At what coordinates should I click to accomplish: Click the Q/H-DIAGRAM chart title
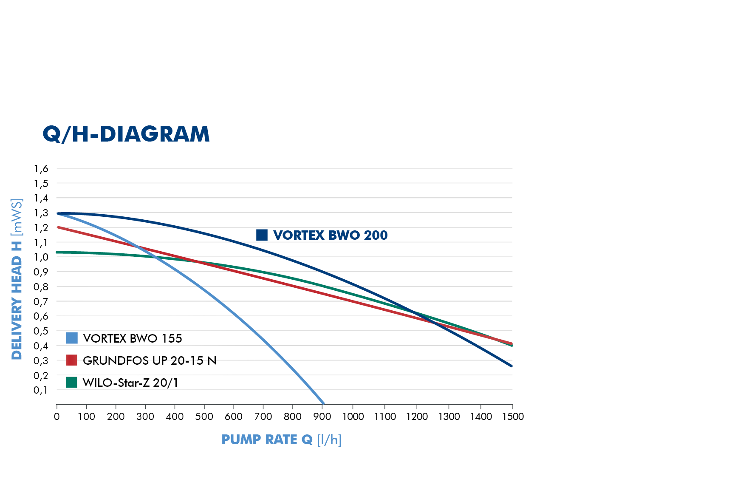click(126, 134)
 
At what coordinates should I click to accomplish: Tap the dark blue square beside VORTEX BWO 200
click(262, 235)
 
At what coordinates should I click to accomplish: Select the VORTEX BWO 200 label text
click(330, 235)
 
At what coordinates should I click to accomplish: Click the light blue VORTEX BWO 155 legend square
click(72, 338)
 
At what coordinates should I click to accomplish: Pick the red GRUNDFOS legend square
click(72, 360)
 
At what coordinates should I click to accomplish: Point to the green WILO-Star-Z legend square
click(72, 382)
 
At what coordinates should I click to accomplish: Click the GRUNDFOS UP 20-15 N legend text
click(150, 360)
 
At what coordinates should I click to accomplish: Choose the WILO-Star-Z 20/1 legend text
click(130, 383)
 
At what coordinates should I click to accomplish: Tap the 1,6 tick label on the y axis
click(41, 169)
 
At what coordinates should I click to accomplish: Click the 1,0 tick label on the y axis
click(41, 257)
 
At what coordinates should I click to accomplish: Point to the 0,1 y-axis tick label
click(41, 390)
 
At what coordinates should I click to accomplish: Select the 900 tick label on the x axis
click(322, 417)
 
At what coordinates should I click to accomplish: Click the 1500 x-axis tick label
click(513, 417)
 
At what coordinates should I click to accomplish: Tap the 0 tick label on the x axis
click(57, 417)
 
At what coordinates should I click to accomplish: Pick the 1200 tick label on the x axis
click(417, 417)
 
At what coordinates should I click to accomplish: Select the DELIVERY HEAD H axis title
click(17, 279)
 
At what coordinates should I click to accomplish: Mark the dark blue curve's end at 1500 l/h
click(511, 366)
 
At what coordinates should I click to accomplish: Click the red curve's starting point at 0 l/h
click(58, 227)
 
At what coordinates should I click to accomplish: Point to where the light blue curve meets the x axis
click(323, 403)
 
